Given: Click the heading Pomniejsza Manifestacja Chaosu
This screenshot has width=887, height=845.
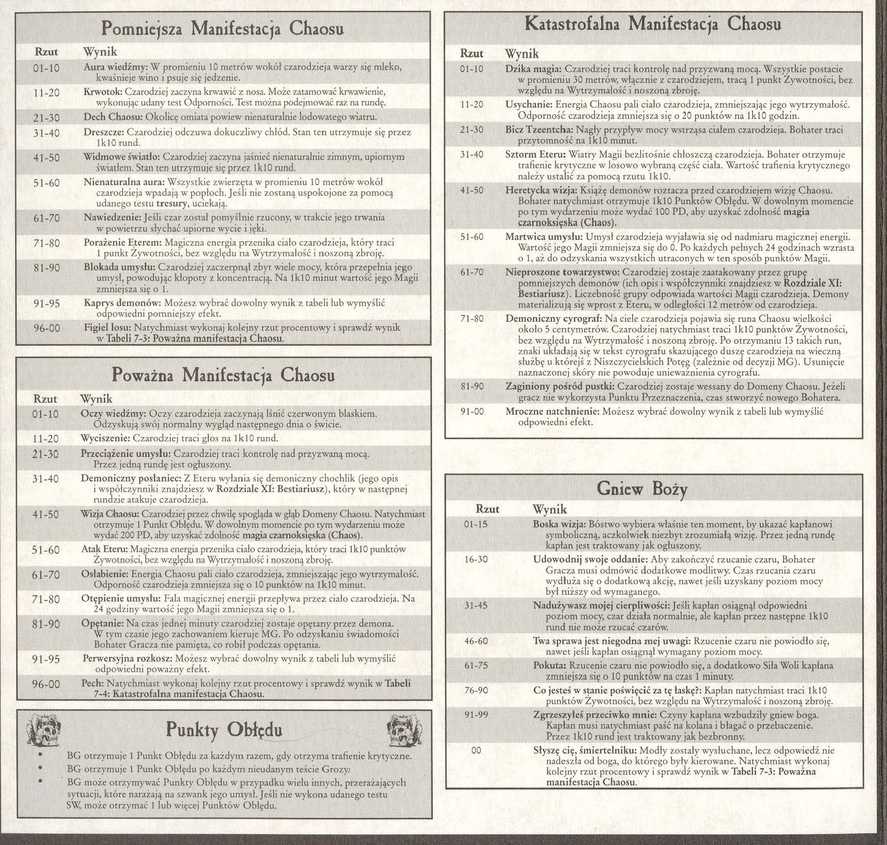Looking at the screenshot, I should click(222, 29).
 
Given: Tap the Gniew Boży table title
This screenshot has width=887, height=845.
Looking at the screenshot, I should click(642, 489).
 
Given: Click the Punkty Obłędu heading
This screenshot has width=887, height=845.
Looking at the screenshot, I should click(224, 731).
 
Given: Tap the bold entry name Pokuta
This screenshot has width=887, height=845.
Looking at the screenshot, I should click(550, 665).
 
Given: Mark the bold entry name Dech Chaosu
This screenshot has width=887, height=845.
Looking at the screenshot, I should click(112, 117).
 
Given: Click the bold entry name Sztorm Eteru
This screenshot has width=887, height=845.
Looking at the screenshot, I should click(535, 155).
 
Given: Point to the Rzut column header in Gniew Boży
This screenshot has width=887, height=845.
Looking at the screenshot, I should click(487, 509).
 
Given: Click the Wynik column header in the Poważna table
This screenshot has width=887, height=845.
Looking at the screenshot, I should click(96, 399).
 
